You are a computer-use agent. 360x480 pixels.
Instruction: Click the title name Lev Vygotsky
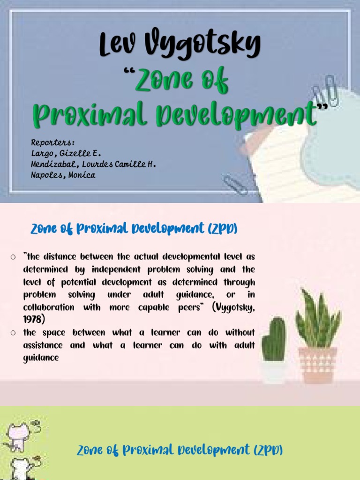coord(180,45)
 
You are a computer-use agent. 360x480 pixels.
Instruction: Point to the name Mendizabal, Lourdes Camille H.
coord(93,164)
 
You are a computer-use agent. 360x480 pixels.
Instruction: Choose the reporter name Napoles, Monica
coord(63,175)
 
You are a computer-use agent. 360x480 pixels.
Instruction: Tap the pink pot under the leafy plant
coord(317,365)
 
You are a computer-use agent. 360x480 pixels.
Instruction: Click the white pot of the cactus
coord(274,372)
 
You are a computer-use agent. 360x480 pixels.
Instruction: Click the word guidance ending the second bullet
coord(41,358)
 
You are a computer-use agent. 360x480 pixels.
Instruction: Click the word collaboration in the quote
coord(49,307)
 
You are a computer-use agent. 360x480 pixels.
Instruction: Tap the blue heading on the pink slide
coord(134,229)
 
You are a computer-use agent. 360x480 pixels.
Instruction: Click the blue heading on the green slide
coord(180,450)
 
